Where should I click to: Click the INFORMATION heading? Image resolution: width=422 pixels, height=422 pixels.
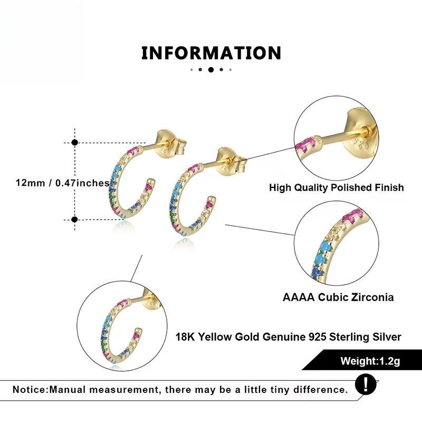pyautogui.click(x=212, y=53)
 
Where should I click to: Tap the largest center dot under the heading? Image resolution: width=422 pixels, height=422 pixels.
pyautogui.click(x=211, y=70)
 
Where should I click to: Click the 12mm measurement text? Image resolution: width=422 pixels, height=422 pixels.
pyautogui.click(x=62, y=183)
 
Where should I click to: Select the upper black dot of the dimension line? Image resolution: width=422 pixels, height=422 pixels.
pyautogui.click(x=75, y=142)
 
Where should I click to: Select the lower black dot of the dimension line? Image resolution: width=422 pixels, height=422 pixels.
pyautogui.click(x=75, y=219)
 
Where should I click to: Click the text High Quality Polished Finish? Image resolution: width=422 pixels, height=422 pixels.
pyautogui.click(x=337, y=188)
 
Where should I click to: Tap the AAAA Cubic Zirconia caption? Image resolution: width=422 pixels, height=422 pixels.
pyautogui.click(x=338, y=298)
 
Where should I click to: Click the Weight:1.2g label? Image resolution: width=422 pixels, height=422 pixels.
pyautogui.click(x=370, y=361)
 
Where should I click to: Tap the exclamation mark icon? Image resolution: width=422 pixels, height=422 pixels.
pyautogui.click(x=366, y=384)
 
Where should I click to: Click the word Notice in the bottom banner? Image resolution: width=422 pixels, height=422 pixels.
pyautogui.click(x=30, y=390)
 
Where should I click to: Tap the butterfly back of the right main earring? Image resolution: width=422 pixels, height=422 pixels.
pyautogui.click(x=232, y=161)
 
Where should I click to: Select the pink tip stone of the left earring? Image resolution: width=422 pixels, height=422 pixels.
pyautogui.click(x=149, y=184)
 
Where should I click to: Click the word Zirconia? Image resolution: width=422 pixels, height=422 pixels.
pyautogui.click(x=374, y=298)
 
